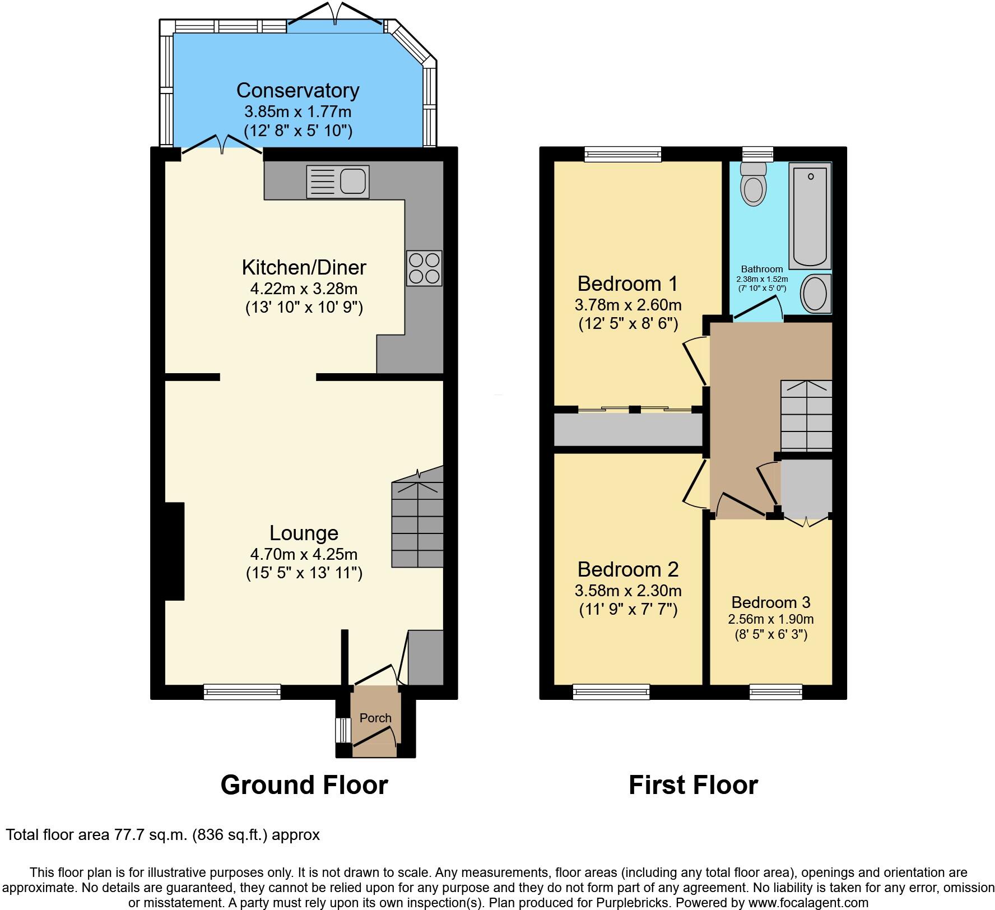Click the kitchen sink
click(338, 182)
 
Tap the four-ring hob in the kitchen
click(424, 268)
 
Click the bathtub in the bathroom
click(810, 215)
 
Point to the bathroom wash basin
click(815, 294)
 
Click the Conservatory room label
click(297, 90)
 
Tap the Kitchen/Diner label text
click(304, 267)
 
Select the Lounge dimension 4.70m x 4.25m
click(304, 554)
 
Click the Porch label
click(375, 718)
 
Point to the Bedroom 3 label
click(770, 602)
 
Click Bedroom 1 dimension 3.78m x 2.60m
click(627, 305)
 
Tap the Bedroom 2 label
click(627, 569)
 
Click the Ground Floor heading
click(304, 785)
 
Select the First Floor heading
click(693, 785)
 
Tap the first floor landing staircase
click(806, 415)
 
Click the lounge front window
click(242, 692)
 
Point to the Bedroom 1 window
click(622, 154)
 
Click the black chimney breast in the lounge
click(174, 551)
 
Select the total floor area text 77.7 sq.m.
click(162, 835)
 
